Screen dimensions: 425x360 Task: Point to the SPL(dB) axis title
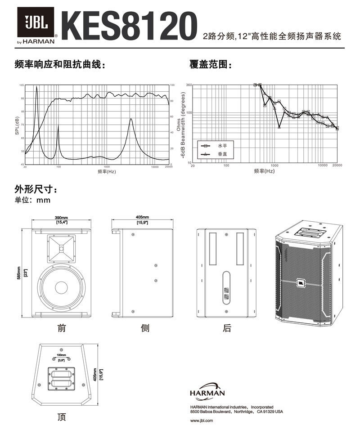(17, 125)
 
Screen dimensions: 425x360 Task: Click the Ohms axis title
(179, 125)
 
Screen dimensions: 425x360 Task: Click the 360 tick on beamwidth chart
(189, 85)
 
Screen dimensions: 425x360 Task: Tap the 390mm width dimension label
(62, 218)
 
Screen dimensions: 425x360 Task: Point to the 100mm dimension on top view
(61, 356)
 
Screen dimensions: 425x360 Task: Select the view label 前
(62, 328)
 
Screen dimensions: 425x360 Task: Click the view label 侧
(145, 328)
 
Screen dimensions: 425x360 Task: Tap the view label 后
(227, 328)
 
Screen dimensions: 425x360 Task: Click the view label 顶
(62, 417)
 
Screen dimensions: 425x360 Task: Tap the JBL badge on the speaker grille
(300, 283)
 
